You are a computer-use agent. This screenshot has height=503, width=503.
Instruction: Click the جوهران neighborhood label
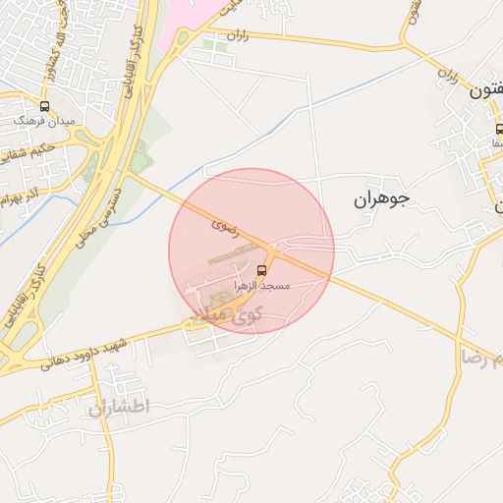380,199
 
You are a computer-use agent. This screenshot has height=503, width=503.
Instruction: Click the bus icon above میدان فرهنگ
44,105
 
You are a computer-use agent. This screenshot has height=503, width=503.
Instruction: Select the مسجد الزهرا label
260,284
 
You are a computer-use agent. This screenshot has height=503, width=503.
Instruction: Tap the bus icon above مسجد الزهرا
261,270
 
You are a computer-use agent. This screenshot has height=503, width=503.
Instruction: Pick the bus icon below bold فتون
499,129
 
